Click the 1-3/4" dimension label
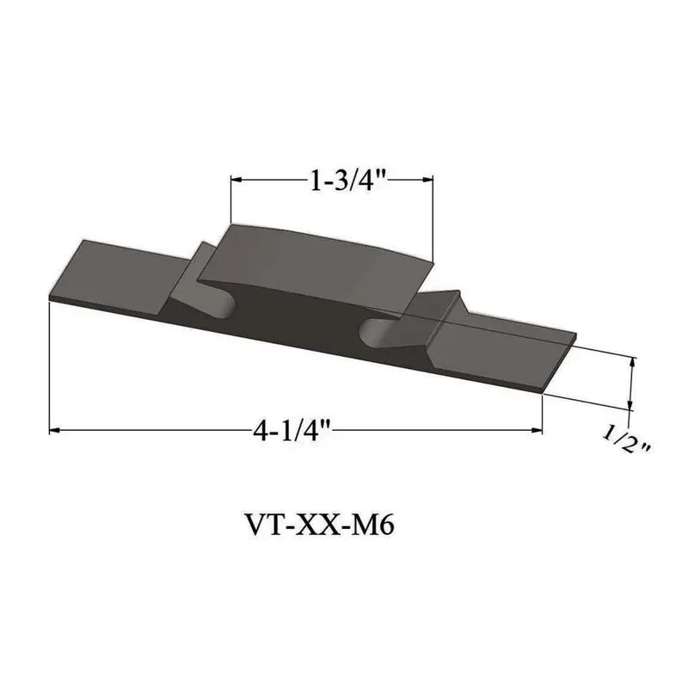pyautogui.click(x=347, y=181)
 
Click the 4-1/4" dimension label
pyautogui.click(x=292, y=431)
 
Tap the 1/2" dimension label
pyautogui.click(x=626, y=440)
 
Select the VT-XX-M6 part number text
pyautogui.click(x=320, y=525)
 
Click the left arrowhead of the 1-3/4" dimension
pyautogui.click(x=236, y=180)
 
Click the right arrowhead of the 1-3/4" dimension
pyautogui.click(x=427, y=180)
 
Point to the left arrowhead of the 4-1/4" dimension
pyautogui.click(x=54, y=431)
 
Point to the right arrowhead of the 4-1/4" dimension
pyautogui.click(x=537, y=431)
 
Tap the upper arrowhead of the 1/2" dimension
pyautogui.click(x=632, y=362)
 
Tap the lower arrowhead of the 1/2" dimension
pyautogui.click(x=630, y=404)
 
